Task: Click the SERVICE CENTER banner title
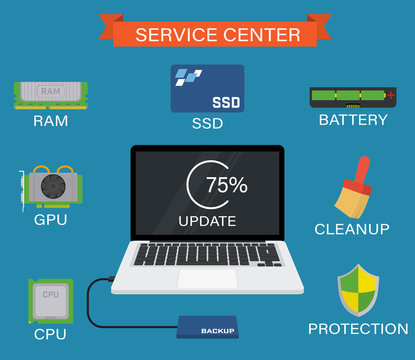(217, 35)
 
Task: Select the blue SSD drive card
(207, 89)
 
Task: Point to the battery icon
(352, 97)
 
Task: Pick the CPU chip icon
(50, 299)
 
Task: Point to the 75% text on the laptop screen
(226, 185)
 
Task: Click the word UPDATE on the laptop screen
(207, 220)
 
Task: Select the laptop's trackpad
(207, 277)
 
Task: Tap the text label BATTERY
(352, 120)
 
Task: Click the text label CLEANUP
(352, 229)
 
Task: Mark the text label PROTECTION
(358, 328)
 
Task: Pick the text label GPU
(50, 219)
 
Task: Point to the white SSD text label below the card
(207, 125)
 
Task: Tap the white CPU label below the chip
(50, 334)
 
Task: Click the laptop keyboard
(207, 254)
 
